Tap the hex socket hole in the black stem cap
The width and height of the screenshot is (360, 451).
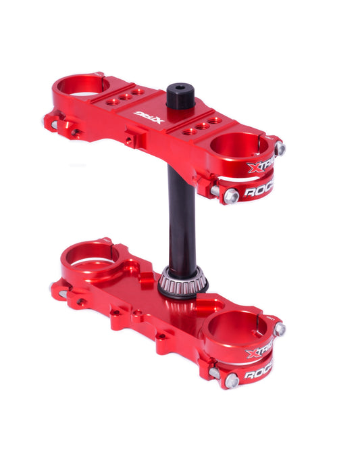(180, 88)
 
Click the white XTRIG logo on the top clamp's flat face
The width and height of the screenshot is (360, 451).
(149, 118)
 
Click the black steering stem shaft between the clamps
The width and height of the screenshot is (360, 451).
(182, 216)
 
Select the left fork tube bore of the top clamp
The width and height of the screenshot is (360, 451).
(82, 86)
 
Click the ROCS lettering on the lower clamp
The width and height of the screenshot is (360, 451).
(259, 374)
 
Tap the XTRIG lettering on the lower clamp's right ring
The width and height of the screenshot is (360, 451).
(261, 352)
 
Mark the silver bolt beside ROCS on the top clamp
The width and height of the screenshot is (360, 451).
(231, 196)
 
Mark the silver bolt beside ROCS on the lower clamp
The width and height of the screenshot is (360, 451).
(232, 380)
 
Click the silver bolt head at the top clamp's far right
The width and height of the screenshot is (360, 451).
(280, 148)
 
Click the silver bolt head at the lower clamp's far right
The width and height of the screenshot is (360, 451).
(279, 329)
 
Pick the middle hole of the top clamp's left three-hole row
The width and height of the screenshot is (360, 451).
(126, 97)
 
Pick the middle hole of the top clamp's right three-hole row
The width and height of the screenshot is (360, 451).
(202, 126)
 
